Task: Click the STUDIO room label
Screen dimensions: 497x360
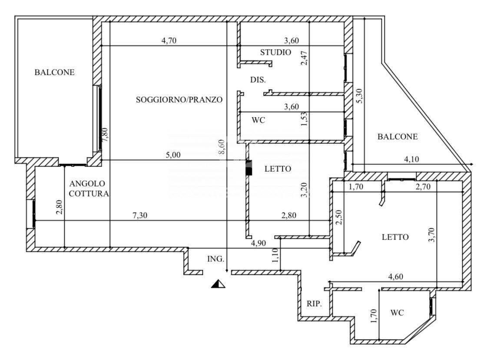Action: (x=275, y=52)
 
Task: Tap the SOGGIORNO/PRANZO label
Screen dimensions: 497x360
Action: (x=179, y=100)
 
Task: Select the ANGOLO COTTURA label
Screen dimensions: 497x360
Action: (x=89, y=188)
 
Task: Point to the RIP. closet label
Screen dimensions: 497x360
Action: (x=314, y=303)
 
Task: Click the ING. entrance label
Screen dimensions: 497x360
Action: (x=215, y=259)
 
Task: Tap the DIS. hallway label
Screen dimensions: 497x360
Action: (x=258, y=80)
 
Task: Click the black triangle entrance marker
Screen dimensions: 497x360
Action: (x=218, y=283)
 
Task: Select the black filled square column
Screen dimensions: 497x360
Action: (x=249, y=168)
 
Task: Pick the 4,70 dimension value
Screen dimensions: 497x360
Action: (x=169, y=40)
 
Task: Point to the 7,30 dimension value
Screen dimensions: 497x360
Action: (x=140, y=216)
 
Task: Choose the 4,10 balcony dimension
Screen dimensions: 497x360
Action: (x=411, y=159)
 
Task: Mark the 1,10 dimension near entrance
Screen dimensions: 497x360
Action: (x=275, y=255)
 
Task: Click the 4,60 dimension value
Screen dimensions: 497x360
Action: (x=396, y=277)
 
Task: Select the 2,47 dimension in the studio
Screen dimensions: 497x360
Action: (x=304, y=58)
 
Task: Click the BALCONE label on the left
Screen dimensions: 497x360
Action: (x=54, y=72)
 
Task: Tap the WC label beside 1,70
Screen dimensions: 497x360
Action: (x=397, y=313)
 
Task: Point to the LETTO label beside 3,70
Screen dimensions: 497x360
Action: (x=395, y=237)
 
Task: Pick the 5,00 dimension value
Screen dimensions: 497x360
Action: (x=173, y=155)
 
